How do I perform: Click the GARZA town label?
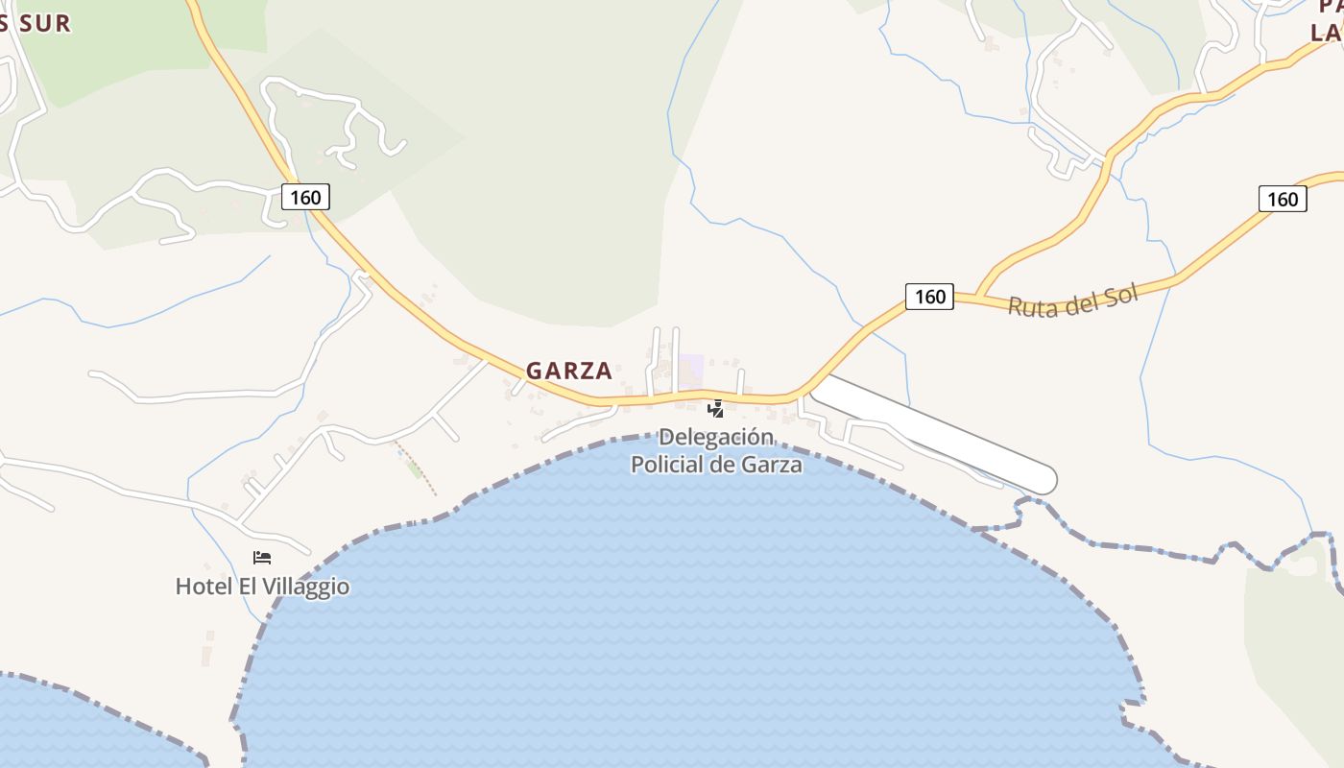tap(568, 371)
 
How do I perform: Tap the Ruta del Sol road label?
tap(1072, 300)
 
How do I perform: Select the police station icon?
tap(715, 409)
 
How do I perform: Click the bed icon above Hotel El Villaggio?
tap(262, 557)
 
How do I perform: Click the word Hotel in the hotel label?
tap(200, 586)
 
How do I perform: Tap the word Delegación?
tap(716, 438)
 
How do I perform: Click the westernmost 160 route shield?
tap(306, 197)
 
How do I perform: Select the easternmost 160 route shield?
tap(1282, 199)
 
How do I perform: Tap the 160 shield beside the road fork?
tap(929, 297)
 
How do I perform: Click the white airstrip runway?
tap(931, 432)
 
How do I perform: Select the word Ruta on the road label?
tap(1028, 305)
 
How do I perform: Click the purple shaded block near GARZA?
tap(691, 371)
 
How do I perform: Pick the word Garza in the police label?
tap(772, 465)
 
